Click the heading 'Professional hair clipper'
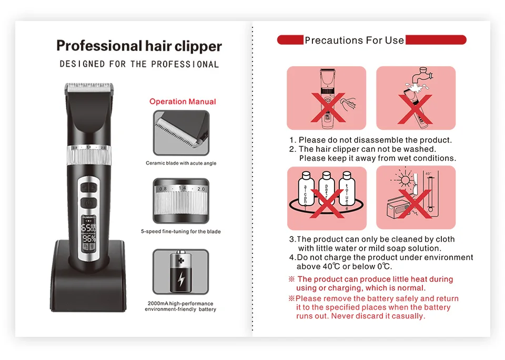point(139,46)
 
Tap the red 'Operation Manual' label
point(183,101)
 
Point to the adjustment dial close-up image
point(180,200)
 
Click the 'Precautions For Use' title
point(354,40)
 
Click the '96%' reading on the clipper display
point(89,237)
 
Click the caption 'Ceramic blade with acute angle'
point(181,163)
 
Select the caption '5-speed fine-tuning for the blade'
point(181,231)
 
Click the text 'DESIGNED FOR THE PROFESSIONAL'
point(139,64)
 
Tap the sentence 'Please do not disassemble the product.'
point(375,140)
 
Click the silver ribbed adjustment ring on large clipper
point(88,156)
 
